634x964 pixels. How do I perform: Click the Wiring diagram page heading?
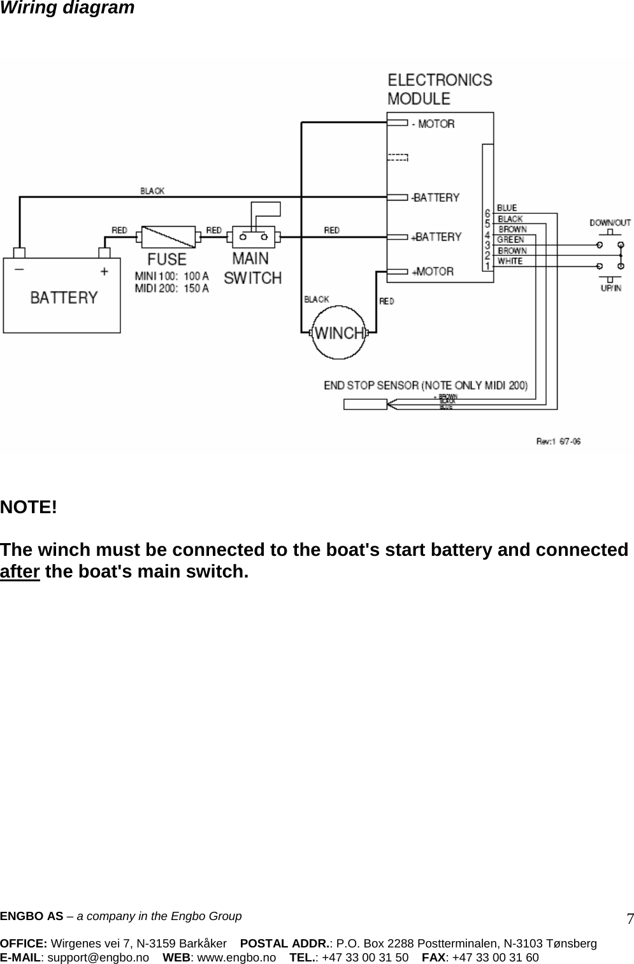[67, 8]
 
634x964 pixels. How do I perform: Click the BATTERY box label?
[64, 297]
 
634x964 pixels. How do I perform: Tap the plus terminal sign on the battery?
[104, 271]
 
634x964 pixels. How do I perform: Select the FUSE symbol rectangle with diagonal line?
[168, 237]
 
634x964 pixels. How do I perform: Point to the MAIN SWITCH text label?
[252, 268]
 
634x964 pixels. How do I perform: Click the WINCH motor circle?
[340, 333]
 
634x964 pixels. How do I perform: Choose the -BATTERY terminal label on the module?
[435, 198]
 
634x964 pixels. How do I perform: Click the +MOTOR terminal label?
[433, 272]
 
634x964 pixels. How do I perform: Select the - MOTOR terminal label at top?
[433, 124]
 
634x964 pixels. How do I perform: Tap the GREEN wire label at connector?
[511, 240]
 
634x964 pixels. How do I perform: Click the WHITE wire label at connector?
[510, 261]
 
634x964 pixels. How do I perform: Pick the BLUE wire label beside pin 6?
[507, 208]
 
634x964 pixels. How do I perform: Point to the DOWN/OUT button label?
[610, 223]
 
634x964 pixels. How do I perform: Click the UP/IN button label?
[610, 288]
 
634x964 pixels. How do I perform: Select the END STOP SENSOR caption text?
[426, 385]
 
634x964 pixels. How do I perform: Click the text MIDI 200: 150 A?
[171, 288]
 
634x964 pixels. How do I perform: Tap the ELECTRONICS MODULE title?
[440, 89]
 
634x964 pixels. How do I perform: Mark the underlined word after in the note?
[20, 571]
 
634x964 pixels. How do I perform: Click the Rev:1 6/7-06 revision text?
[558, 441]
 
